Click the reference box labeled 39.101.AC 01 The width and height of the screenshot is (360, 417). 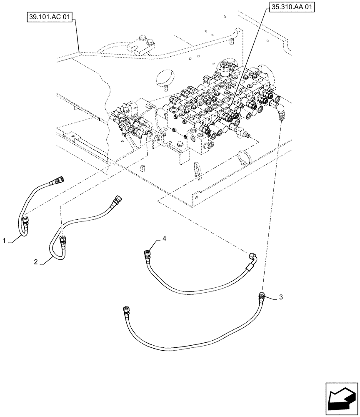[x=50, y=18]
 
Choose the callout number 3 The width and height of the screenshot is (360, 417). [x=281, y=297]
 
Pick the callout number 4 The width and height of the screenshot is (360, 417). [x=164, y=238]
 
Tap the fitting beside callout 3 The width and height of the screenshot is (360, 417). [x=261, y=298]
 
